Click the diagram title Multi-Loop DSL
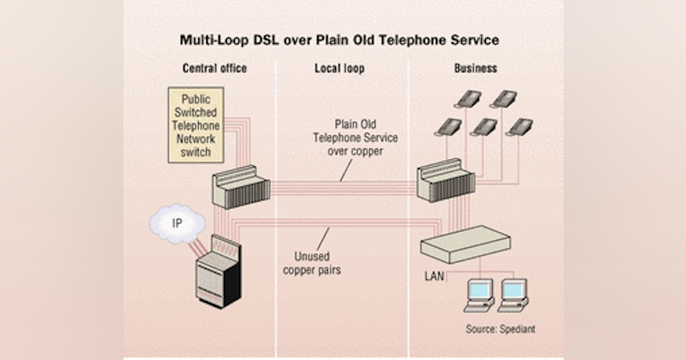coord(339,41)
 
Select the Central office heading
coord(214,69)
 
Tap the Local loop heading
coord(339,69)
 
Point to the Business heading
coord(476,69)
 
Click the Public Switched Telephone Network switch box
coord(196,125)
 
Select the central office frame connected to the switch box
coord(241,186)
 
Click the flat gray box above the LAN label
coord(465,243)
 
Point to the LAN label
coord(434,277)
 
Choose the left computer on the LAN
coord(479,294)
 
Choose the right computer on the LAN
coord(513,294)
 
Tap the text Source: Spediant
coord(500,329)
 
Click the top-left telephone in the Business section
coord(468,98)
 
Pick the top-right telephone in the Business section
coord(504,98)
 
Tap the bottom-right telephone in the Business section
coord(519,127)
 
